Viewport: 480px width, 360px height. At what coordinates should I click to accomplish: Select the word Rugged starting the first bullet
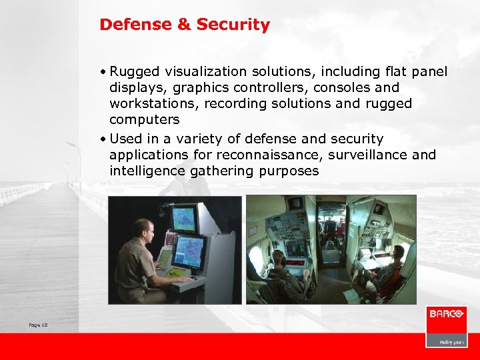(134, 71)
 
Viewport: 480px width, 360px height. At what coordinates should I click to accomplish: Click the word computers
(145, 119)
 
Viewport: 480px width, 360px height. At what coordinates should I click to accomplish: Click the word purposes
(288, 171)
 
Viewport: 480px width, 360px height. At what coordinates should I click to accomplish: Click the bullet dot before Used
(104, 139)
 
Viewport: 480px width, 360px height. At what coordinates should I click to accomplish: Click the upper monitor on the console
(184, 219)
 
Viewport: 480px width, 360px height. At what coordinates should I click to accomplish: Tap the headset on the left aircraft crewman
(281, 257)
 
